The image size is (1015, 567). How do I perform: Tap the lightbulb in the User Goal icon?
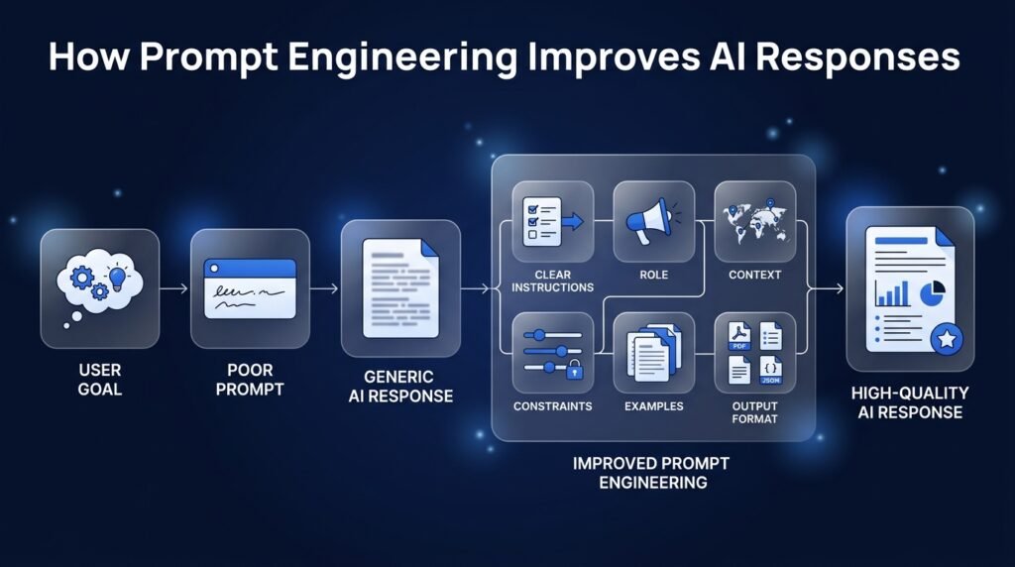click(117, 277)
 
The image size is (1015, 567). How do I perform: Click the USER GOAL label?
click(100, 380)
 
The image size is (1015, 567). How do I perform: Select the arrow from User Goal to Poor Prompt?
click(174, 288)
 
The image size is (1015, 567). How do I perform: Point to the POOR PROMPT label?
click(250, 380)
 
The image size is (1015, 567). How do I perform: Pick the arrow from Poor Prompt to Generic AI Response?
click(324, 288)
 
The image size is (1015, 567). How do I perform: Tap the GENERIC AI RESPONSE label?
click(400, 387)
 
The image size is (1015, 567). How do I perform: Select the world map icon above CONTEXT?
click(754, 223)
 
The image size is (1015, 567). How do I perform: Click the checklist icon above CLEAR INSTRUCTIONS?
click(552, 221)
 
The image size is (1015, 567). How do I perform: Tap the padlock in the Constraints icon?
click(574, 371)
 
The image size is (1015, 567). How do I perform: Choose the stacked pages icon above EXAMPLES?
click(654, 353)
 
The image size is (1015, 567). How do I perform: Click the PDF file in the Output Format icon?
click(739, 337)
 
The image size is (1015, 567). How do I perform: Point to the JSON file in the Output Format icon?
click(770, 370)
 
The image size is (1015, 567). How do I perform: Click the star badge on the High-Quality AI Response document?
click(947, 339)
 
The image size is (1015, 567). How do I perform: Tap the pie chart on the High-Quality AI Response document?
click(932, 293)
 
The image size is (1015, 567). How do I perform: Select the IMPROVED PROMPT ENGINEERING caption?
click(652, 473)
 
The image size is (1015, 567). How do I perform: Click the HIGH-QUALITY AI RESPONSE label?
click(910, 402)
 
